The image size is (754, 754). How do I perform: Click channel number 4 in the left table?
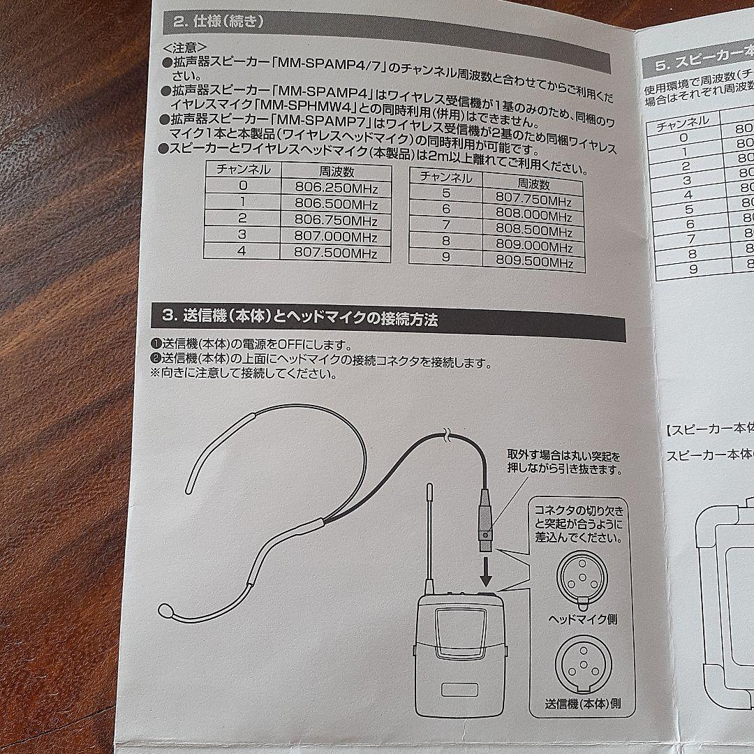242,253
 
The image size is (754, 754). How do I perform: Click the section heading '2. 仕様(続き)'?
218,22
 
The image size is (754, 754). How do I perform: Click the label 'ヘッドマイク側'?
583,619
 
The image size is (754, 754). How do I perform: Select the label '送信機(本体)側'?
583,704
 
